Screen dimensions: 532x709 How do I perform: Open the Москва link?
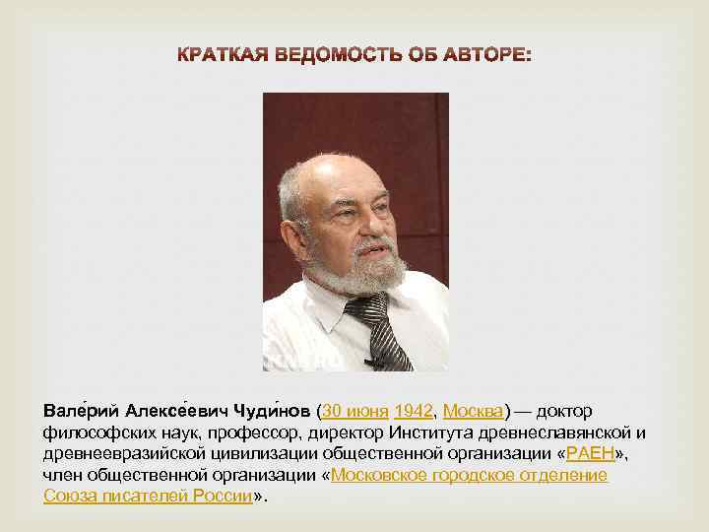pyautogui.click(x=474, y=410)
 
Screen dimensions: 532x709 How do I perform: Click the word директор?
pyautogui.click(x=346, y=432)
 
